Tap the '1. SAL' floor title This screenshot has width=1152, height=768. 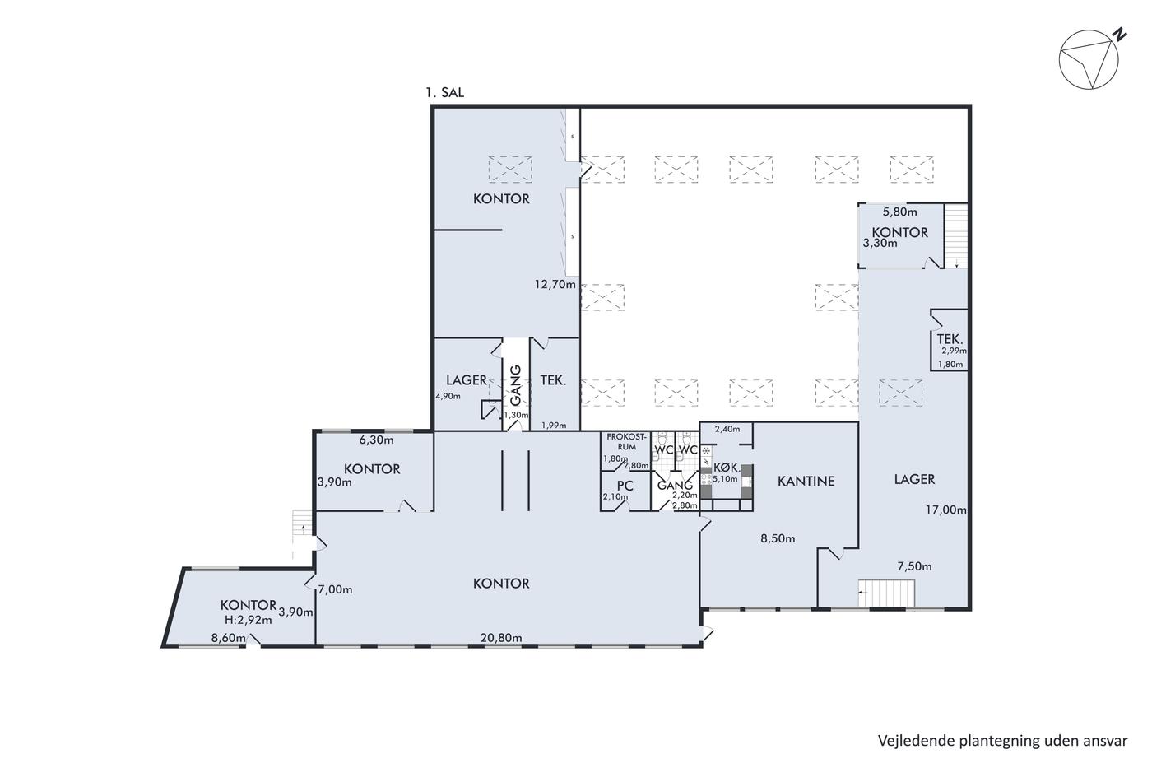445,92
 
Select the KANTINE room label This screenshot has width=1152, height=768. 806,481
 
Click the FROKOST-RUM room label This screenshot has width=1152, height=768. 626,442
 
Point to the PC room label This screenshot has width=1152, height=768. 625,486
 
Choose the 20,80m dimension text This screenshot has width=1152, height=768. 501,638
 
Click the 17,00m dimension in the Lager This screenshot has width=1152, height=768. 946,510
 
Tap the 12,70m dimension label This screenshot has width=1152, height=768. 555,284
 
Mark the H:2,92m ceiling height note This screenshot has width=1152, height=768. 248,620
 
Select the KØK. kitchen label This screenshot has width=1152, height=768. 727,468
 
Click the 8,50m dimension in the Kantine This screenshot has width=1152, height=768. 778,538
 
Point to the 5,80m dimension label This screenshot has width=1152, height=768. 900,212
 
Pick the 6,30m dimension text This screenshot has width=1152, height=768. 377,440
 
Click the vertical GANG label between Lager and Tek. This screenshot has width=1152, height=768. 515,385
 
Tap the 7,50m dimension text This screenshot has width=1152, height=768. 914,566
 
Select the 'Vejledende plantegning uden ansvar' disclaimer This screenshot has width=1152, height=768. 1002,741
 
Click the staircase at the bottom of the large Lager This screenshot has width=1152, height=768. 887,593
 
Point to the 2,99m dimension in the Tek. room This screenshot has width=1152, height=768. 954,351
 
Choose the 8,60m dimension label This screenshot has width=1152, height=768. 229,638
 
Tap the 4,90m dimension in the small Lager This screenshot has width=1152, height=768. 448,396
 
